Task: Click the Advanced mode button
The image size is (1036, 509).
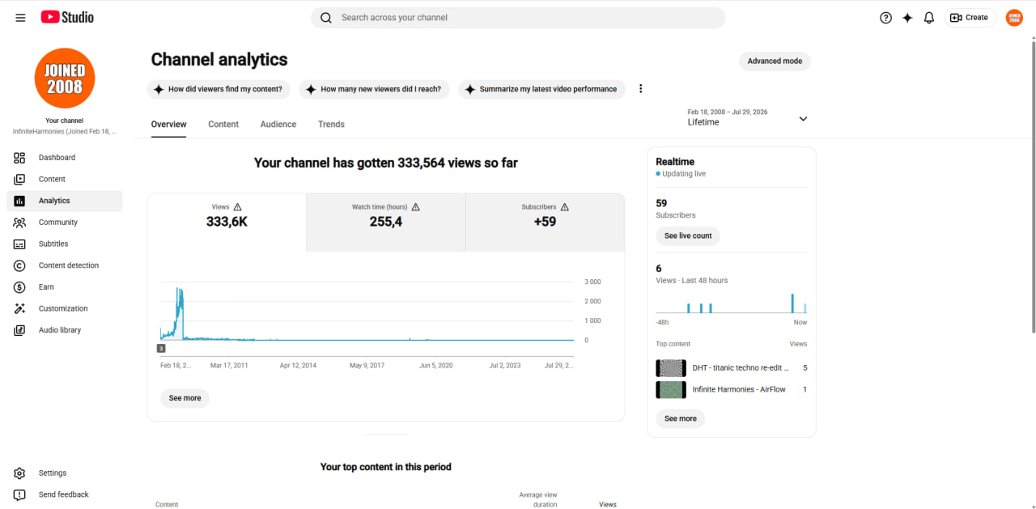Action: pos(775,61)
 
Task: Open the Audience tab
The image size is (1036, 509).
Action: pos(278,124)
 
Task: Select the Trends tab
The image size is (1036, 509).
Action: pos(331,124)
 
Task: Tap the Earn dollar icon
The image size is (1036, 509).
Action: pos(19,287)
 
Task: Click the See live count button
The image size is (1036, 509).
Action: pos(688,235)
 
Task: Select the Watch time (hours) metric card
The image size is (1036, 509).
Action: pos(386,223)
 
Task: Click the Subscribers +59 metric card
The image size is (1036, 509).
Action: pos(545,223)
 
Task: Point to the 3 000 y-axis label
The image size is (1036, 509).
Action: pos(592,282)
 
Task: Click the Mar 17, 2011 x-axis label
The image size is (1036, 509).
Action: pos(229,365)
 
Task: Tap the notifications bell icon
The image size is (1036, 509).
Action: pos(928,18)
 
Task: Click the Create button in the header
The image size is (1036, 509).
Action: pos(970,18)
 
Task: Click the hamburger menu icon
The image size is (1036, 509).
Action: pos(20,18)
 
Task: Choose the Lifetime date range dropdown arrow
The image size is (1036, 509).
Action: pos(804,119)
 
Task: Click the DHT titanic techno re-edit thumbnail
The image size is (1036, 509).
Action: pos(671,368)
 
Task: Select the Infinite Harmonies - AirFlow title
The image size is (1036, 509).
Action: pos(739,389)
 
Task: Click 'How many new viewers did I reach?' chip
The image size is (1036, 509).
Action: pos(374,89)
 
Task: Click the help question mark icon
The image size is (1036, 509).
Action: pos(885,18)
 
